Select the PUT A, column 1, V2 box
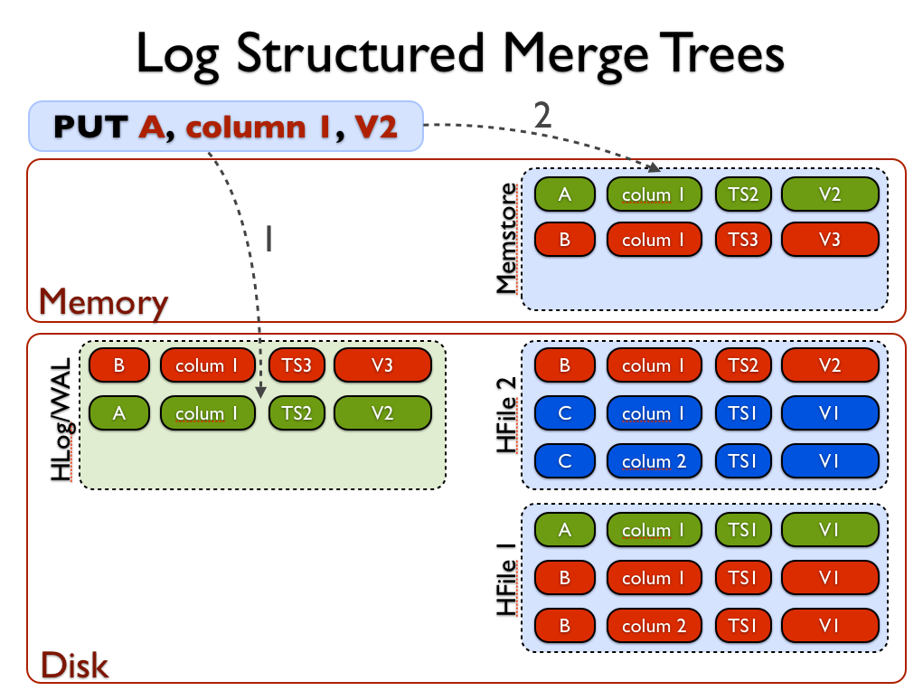(x=226, y=126)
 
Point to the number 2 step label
(x=542, y=115)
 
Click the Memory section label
(x=104, y=302)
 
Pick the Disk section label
(x=74, y=666)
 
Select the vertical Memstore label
(x=508, y=239)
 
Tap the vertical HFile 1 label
(x=508, y=578)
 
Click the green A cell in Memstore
(x=565, y=194)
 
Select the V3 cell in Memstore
(x=830, y=240)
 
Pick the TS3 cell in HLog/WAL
(x=297, y=365)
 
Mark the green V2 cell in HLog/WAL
(x=382, y=413)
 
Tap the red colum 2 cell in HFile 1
(x=646, y=626)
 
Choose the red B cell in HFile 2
(x=565, y=365)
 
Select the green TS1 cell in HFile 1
(x=742, y=530)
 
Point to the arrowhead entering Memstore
(x=655, y=166)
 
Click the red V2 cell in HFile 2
(x=830, y=365)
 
